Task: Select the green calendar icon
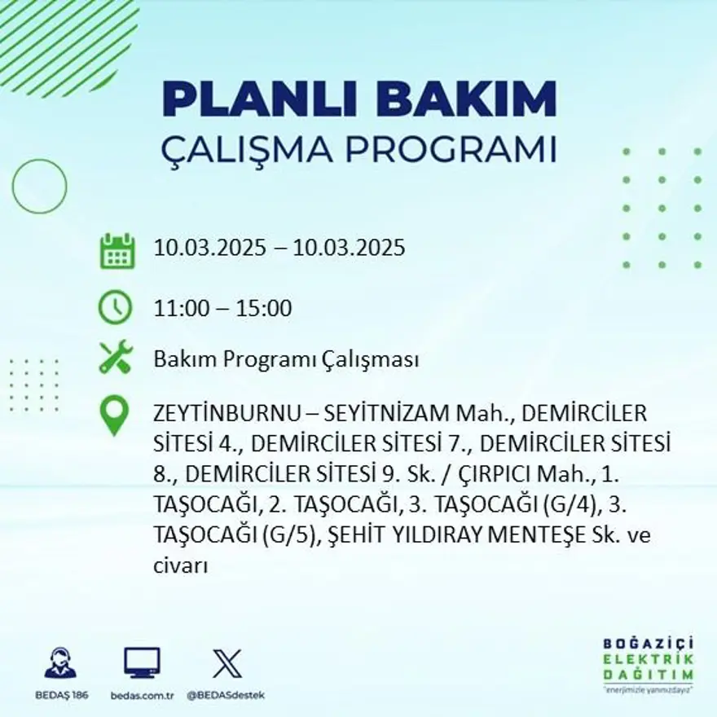(x=117, y=251)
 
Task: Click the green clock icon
(x=115, y=307)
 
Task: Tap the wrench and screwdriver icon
(x=115, y=358)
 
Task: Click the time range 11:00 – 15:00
(x=222, y=309)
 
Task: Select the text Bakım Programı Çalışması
(x=286, y=359)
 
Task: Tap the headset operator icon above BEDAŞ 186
(x=60, y=663)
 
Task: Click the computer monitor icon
(x=142, y=663)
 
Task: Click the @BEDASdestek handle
(x=226, y=695)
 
